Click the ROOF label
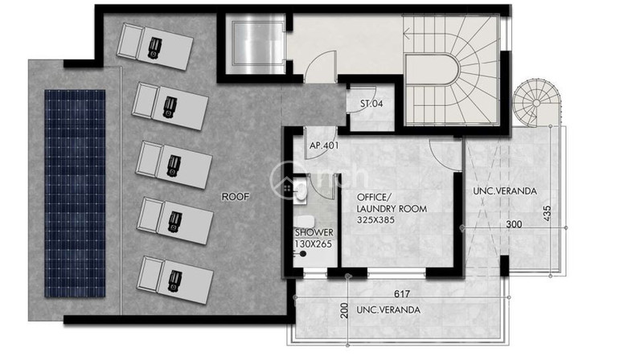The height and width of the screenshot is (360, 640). pyautogui.click(x=235, y=197)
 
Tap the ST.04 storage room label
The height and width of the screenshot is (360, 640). pyautogui.click(x=371, y=104)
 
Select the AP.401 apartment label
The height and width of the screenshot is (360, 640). pyautogui.click(x=324, y=145)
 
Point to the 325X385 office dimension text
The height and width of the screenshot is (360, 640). pyautogui.click(x=375, y=220)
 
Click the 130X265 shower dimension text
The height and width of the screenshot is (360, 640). pyautogui.click(x=313, y=244)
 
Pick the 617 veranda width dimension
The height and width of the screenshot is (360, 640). pyautogui.click(x=402, y=293)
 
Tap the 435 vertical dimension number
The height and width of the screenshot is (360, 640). pyautogui.click(x=548, y=214)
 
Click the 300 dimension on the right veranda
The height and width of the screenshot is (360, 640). pyautogui.click(x=514, y=224)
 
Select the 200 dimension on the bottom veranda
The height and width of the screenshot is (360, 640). pyautogui.click(x=344, y=311)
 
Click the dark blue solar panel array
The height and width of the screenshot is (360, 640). pyautogui.click(x=75, y=194)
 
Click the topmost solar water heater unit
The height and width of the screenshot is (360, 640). pyautogui.click(x=154, y=47)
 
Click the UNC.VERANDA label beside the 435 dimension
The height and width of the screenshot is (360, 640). pyautogui.click(x=505, y=190)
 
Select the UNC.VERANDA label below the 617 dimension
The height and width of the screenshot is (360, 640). pyautogui.click(x=388, y=310)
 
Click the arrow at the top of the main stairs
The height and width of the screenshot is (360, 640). pyautogui.click(x=408, y=34)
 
